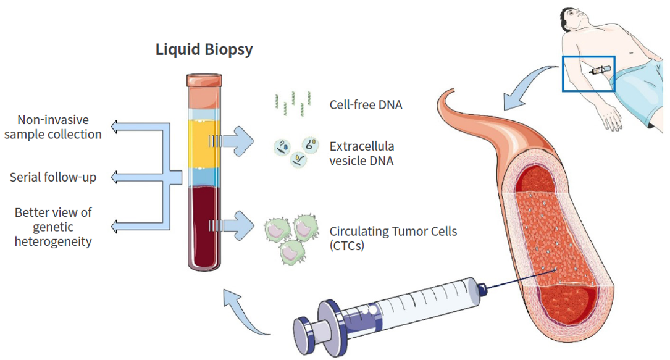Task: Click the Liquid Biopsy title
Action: [x=204, y=49]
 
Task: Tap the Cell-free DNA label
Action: [x=366, y=104]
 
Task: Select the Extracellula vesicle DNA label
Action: [x=362, y=154]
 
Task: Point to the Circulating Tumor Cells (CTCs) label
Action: [x=393, y=238]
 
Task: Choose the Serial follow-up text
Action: [x=53, y=178]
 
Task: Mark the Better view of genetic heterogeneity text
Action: [x=53, y=227]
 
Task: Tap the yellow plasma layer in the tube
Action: [x=204, y=143]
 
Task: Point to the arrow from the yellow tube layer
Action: [x=238, y=142]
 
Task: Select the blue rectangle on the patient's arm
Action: [x=588, y=73]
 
